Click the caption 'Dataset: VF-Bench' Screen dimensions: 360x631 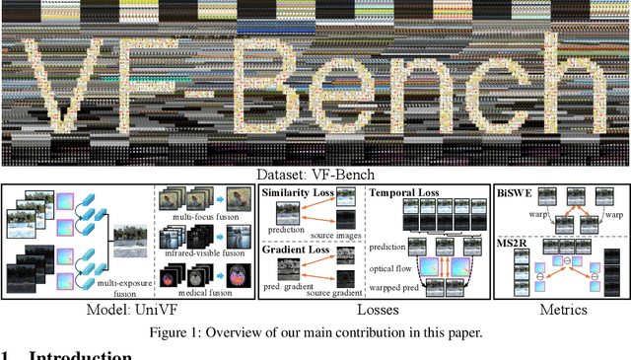pos(315,174)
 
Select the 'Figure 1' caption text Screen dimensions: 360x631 pos(315,332)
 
